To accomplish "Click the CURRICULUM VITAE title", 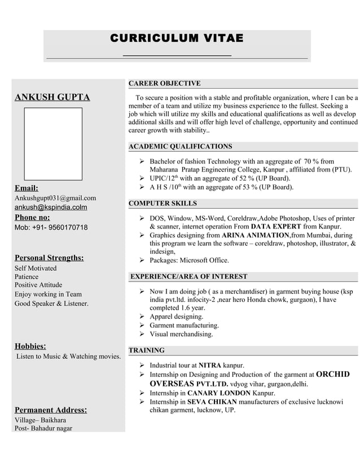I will coord(177,38).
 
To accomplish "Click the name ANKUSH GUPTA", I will coord(52,97).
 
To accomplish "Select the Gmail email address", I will coord(55,198).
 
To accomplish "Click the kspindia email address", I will coord(51,207).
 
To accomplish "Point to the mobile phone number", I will coord(51,227).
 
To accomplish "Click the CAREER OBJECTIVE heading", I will coord(164,83).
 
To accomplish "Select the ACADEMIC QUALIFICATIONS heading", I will coord(180,147).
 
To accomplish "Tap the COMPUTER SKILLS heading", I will coord(163,203).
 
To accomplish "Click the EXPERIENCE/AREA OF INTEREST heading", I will coord(188,276).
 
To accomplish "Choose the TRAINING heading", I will coord(147,350).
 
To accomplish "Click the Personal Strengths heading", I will coord(49,258).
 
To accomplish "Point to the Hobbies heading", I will coord(30,346).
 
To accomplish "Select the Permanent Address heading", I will coord(51,410).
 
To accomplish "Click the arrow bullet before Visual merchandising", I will coord(142,334).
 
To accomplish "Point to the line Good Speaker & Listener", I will coord(51,304).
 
